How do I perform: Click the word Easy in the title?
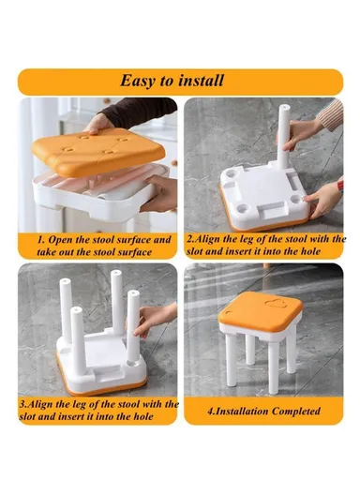[139, 81]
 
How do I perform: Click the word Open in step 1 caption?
[53, 239]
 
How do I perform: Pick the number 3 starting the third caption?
[22, 403]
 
